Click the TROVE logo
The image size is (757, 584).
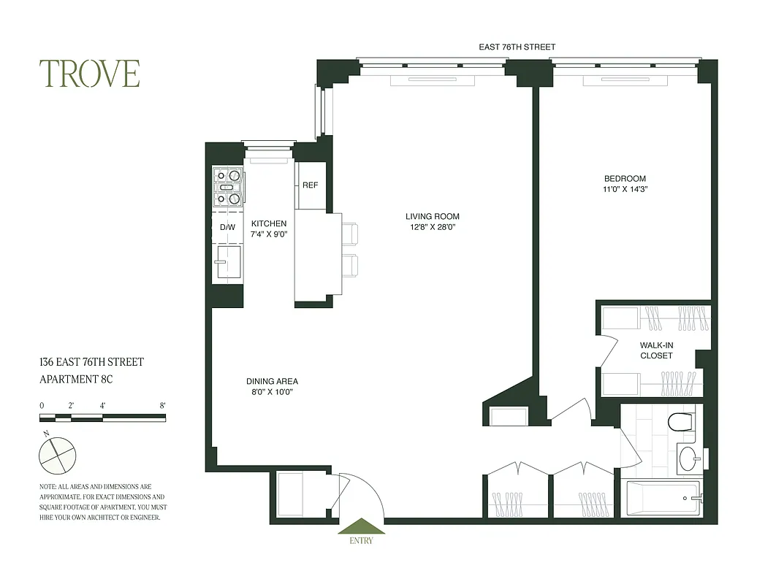(90, 74)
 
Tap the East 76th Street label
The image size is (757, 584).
(517, 47)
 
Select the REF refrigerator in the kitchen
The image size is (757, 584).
(310, 185)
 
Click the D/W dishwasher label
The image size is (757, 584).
(227, 227)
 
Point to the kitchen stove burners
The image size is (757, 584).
(227, 187)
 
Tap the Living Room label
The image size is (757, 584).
(433, 216)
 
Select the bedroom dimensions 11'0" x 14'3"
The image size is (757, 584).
(625, 190)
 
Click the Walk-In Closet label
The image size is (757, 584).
(656, 350)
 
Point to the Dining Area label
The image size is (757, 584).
(272, 381)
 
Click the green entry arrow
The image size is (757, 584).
(361, 526)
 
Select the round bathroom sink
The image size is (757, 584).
(688, 459)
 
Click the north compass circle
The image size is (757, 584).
(57, 454)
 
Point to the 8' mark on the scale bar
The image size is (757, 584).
(162, 405)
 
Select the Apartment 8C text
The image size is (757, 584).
(76, 379)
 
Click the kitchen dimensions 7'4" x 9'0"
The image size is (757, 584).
(269, 235)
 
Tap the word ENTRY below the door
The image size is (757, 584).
(361, 541)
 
